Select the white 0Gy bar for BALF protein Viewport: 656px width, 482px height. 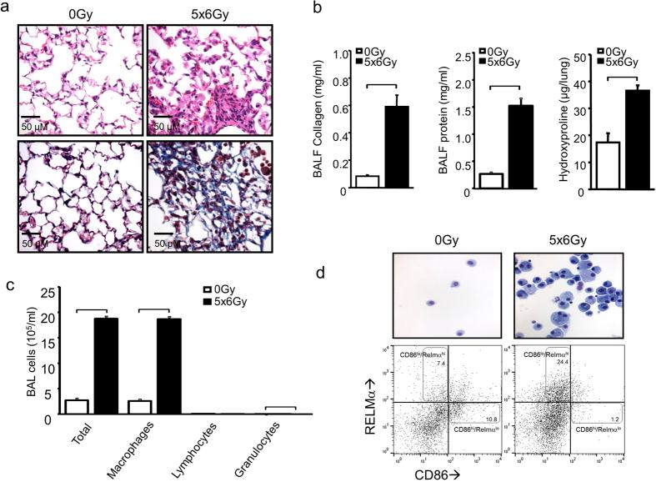point(479,180)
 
